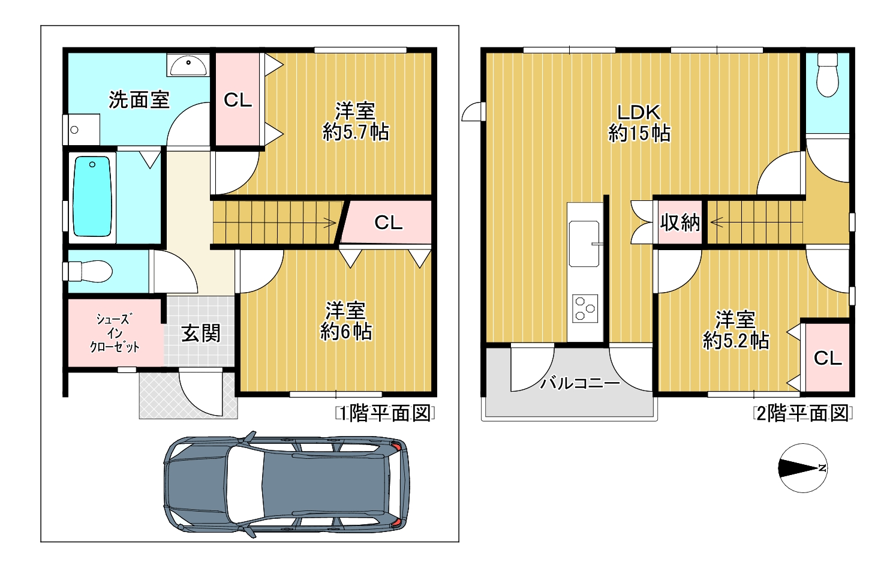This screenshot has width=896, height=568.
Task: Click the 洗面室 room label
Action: [x=139, y=100]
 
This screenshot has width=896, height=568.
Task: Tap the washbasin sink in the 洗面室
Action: [x=188, y=65]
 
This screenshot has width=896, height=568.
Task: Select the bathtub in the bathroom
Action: [x=92, y=196]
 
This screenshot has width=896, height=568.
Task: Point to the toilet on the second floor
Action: [x=828, y=75]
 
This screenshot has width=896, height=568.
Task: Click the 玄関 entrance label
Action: [x=201, y=333]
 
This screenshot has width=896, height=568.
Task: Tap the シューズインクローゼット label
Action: [x=115, y=333]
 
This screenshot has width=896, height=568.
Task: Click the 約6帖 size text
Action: [x=347, y=332]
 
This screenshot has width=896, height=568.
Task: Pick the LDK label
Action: [x=639, y=112]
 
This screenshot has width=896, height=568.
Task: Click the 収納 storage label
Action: [x=680, y=223]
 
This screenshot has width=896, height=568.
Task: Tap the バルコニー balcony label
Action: [x=580, y=383]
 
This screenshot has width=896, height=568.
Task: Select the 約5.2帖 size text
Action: [x=736, y=341]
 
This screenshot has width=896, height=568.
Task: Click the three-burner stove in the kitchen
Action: [x=585, y=308]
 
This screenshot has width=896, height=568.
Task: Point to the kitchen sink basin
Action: [x=584, y=244]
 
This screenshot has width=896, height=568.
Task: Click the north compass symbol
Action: [x=803, y=468]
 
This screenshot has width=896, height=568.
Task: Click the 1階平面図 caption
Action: [x=385, y=413]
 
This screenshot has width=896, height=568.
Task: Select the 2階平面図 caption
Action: [x=803, y=413]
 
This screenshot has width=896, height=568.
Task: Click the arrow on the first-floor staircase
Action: [x=330, y=223]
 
